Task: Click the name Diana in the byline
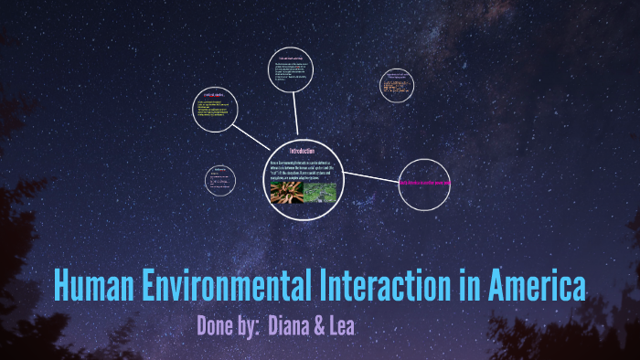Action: [293, 326]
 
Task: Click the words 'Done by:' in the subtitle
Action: [228, 326]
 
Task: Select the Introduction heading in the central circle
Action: [302, 150]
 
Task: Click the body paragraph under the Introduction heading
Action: [303, 170]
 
